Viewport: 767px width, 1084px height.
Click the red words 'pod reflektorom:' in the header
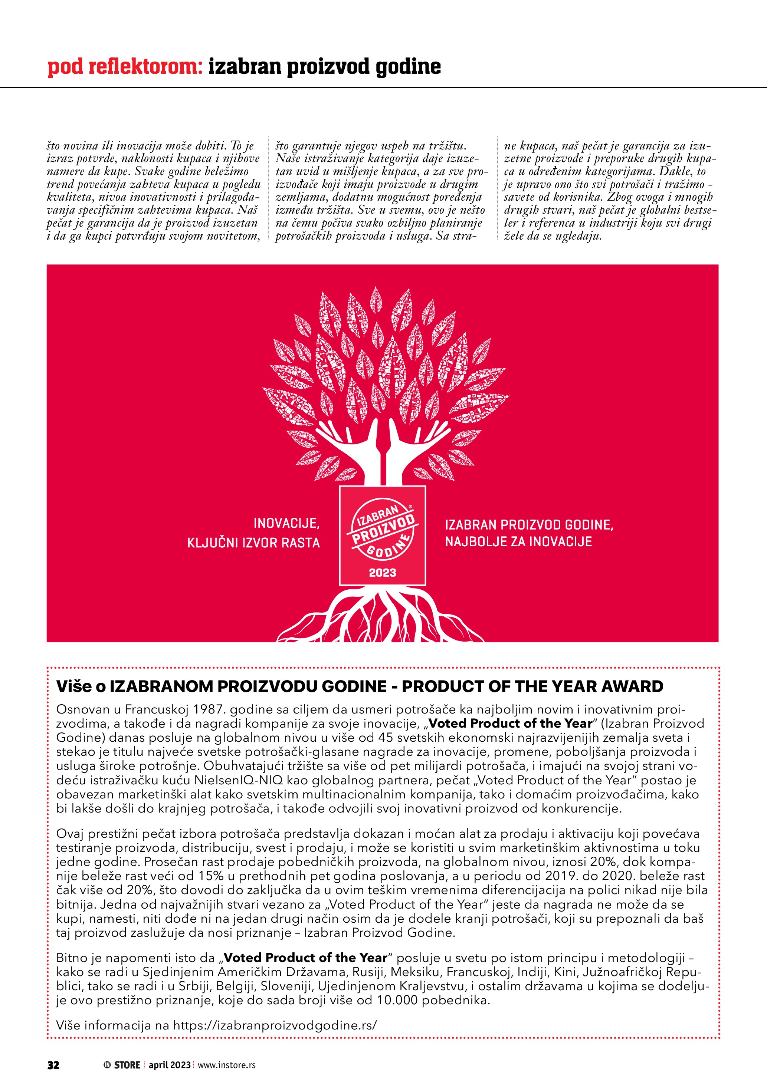(x=125, y=67)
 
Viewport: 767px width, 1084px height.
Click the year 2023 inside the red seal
(x=383, y=573)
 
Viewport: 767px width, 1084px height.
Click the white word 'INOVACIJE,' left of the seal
(x=287, y=523)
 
